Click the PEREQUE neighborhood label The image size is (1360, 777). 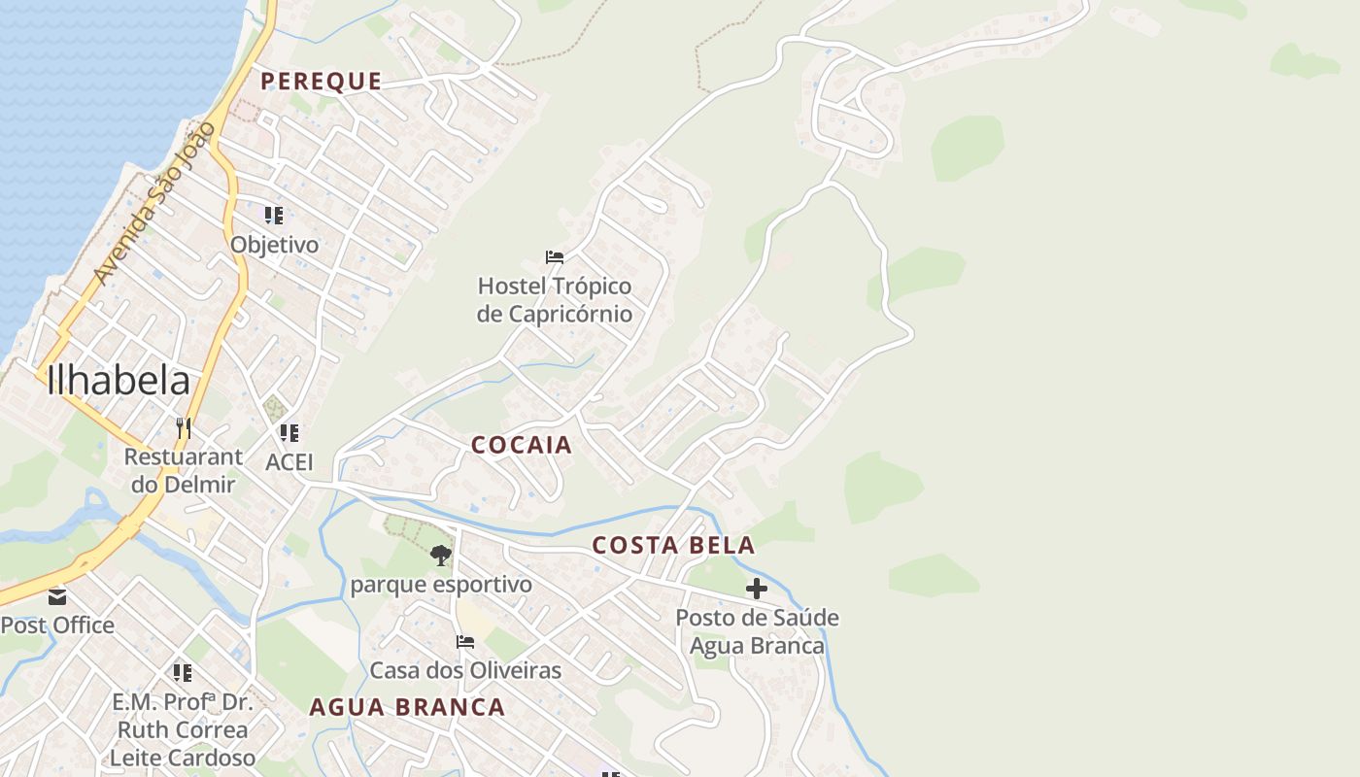pyautogui.click(x=321, y=82)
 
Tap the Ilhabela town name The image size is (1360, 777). pyautogui.click(x=118, y=380)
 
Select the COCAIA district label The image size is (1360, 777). pyautogui.click(x=522, y=446)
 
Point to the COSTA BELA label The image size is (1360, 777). pyautogui.click(x=673, y=546)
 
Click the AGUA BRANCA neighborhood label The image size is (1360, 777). pyautogui.click(x=407, y=707)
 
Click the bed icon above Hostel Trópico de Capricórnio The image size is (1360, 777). pyautogui.click(x=555, y=257)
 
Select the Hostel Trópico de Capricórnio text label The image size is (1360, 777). pyautogui.click(x=554, y=300)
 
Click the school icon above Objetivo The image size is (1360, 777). pyautogui.click(x=274, y=216)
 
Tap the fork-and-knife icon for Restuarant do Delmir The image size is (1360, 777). pyautogui.click(x=183, y=427)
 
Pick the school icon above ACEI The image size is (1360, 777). pyautogui.click(x=289, y=433)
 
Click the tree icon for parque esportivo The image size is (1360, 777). pyautogui.click(x=441, y=556)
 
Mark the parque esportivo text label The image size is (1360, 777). pyautogui.click(x=441, y=585)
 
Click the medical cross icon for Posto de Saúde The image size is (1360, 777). pyautogui.click(x=757, y=589)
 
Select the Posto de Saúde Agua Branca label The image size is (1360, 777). pyautogui.click(x=757, y=631)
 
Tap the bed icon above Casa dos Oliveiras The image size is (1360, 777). pyautogui.click(x=465, y=642)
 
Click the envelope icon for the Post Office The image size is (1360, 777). pyautogui.click(x=57, y=596)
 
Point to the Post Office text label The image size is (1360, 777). pyautogui.click(x=57, y=625)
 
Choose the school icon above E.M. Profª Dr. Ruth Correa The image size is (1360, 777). pyautogui.click(x=182, y=672)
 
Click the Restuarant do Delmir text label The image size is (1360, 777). pyautogui.click(x=183, y=470)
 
